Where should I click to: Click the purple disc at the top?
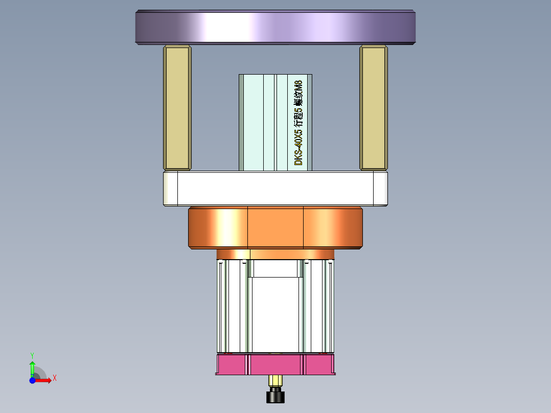[x=275, y=27]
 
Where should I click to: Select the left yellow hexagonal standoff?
[x=177, y=107]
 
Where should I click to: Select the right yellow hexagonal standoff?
[x=373, y=107]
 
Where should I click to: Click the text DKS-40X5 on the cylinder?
[x=300, y=148]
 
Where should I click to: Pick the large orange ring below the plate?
[x=275, y=227]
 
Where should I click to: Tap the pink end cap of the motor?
[x=275, y=364]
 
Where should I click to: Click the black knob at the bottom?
[x=275, y=396]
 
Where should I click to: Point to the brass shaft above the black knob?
[x=275, y=381]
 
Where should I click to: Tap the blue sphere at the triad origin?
[x=32, y=380]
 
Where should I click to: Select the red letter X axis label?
[x=54, y=378]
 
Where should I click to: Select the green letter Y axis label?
[x=32, y=354]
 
